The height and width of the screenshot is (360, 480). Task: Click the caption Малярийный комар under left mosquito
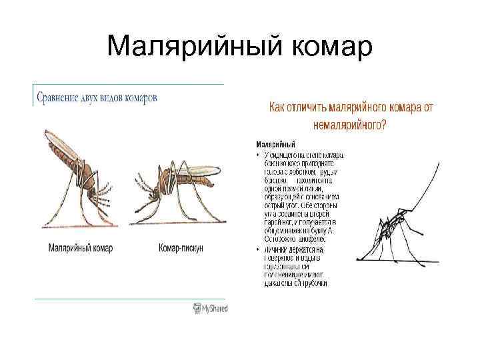click(x=81, y=248)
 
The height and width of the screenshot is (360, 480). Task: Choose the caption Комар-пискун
click(x=181, y=248)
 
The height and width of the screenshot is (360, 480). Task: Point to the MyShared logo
click(x=210, y=308)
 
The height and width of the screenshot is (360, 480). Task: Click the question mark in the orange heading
click(x=384, y=124)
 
